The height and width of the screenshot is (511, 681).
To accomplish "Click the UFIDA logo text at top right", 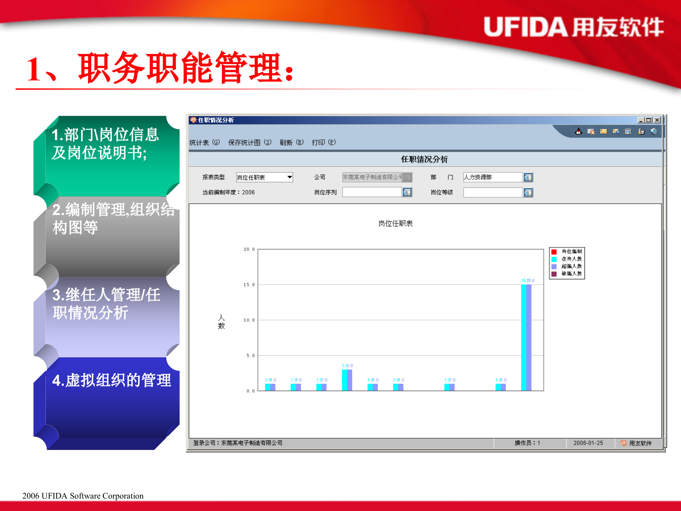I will pyautogui.click(x=573, y=27).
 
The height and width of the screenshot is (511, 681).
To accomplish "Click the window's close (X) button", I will pyautogui.click(x=657, y=120).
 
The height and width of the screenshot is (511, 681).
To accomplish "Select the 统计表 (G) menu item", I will pyautogui.click(x=204, y=143).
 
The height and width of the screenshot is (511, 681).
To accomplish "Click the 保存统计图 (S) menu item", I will pyautogui.click(x=249, y=143).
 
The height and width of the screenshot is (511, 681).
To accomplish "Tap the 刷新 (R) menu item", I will pyautogui.click(x=291, y=143).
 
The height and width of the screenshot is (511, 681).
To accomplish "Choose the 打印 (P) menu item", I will pyautogui.click(x=323, y=143).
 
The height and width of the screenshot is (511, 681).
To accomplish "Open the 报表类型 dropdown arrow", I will pyautogui.click(x=289, y=177).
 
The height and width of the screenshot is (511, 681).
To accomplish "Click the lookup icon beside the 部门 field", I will pyautogui.click(x=528, y=177).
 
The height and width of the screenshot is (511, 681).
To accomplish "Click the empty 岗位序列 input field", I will pyautogui.click(x=371, y=192).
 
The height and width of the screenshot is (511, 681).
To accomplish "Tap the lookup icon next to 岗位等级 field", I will pyautogui.click(x=528, y=192).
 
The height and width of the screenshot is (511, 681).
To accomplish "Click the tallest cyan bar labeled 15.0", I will pyautogui.click(x=524, y=337).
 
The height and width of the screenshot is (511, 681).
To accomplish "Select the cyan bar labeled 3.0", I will pyautogui.click(x=344, y=380).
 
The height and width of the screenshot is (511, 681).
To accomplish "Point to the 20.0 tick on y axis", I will pyautogui.click(x=249, y=249).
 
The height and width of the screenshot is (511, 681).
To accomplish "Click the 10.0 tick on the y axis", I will pyautogui.click(x=249, y=320).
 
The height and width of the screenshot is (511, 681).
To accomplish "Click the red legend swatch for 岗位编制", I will pyautogui.click(x=554, y=252).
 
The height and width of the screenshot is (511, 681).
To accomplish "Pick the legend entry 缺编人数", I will pyautogui.click(x=571, y=274).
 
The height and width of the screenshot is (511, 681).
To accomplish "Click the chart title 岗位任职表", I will pyautogui.click(x=395, y=224).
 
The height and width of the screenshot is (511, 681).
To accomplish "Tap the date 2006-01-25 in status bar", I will pyautogui.click(x=588, y=443).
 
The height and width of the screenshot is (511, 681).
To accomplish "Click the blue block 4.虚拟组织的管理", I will pyautogui.click(x=111, y=380).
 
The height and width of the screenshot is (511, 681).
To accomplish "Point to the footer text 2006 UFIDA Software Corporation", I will pyautogui.click(x=83, y=496).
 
